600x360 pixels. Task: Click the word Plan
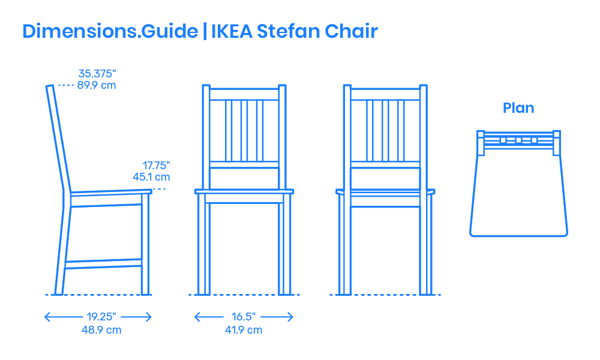point(518,108)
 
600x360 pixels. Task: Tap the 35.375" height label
point(97,73)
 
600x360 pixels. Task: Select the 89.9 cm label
point(97,85)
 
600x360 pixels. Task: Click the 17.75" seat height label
point(156,165)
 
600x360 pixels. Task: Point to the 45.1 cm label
point(151,177)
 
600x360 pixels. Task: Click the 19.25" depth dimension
point(101,317)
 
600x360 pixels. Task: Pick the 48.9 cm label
point(101,330)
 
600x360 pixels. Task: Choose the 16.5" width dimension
point(244,317)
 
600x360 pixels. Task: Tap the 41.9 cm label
point(244,330)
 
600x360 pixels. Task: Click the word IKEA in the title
point(232,31)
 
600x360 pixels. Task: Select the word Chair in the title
point(351,31)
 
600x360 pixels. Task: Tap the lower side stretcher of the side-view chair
point(103,263)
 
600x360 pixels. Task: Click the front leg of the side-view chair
point(145,244)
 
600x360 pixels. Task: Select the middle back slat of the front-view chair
point(244,130)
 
